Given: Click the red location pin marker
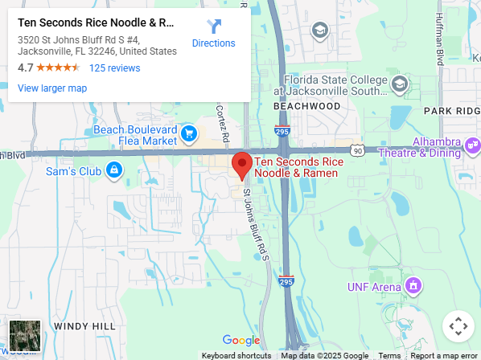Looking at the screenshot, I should (241, 166).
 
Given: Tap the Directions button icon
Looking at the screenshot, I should (214, 27).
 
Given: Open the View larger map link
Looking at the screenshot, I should (52, 88).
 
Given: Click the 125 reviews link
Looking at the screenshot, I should (114, 68).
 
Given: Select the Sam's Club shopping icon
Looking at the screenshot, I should (114, 170).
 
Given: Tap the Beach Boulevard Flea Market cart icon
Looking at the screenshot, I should (189, 133).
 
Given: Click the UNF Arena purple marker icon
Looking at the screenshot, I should (413, 285).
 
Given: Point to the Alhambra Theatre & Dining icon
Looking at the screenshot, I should (472, 145).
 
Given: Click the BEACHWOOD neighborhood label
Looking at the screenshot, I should (307, 106).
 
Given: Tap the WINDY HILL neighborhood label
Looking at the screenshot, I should (84, 325).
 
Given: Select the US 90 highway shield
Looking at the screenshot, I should (357, 150).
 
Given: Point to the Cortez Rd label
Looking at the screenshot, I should (224, 121).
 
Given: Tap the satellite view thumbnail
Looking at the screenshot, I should (24, 335).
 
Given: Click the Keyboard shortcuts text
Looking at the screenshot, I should (236, 355).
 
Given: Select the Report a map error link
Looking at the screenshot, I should (444, 355).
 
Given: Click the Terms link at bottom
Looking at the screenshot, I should (389, 355).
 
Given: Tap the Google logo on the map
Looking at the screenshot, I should (240, 341).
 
